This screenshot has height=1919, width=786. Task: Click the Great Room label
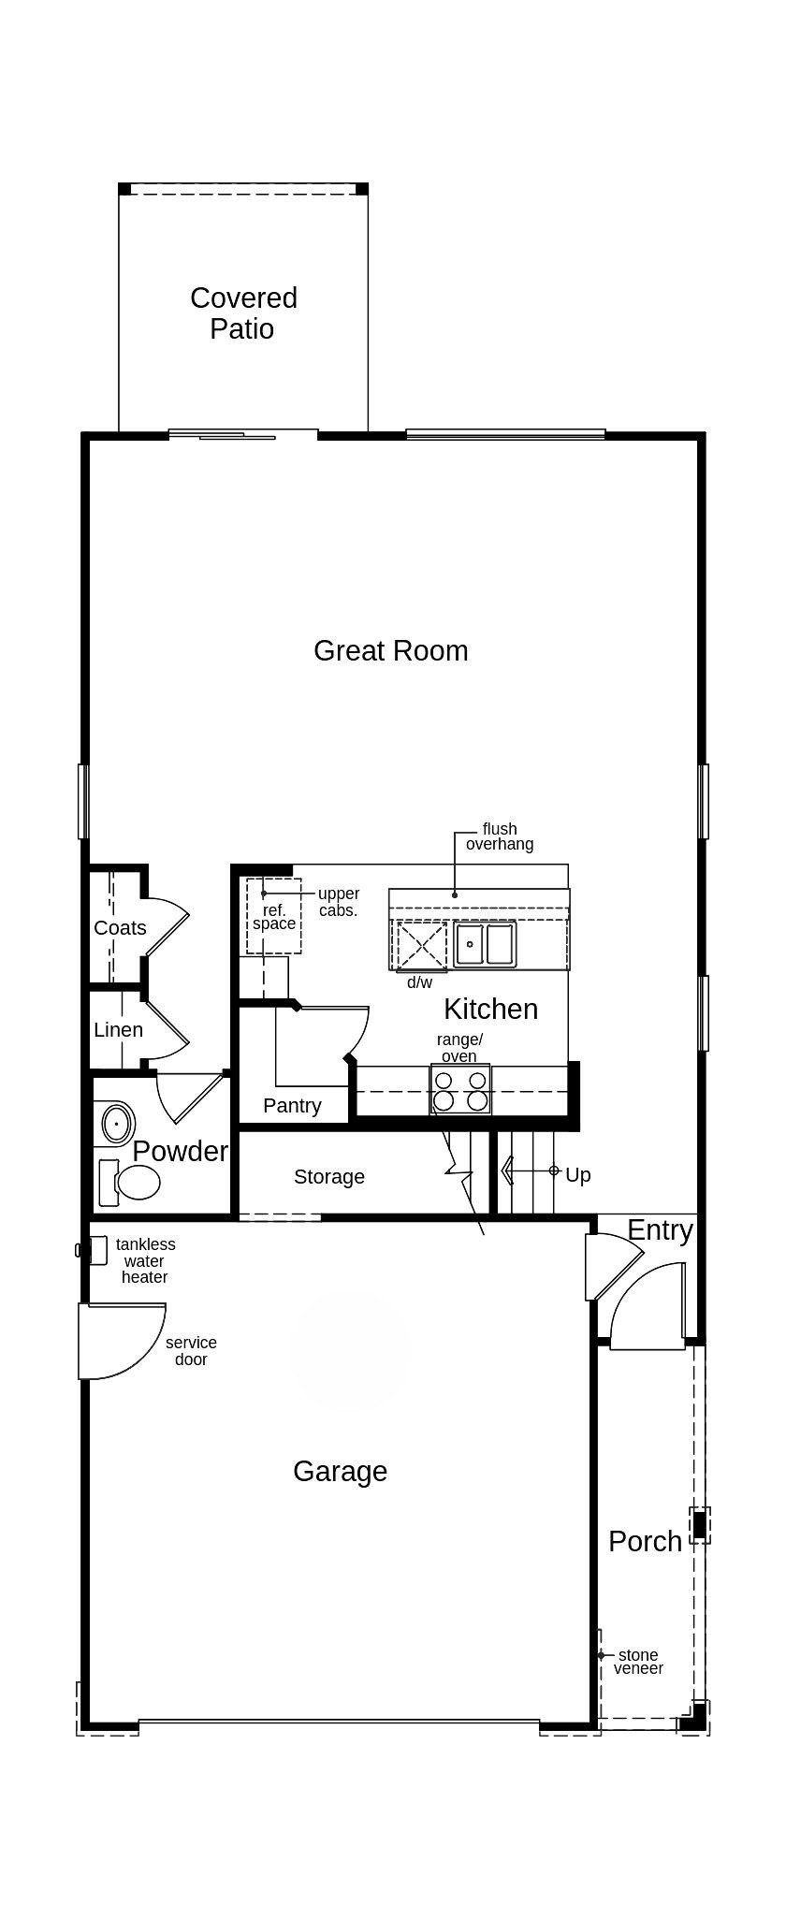(x=390, y=650)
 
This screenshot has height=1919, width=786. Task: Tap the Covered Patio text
(x=243, y=313)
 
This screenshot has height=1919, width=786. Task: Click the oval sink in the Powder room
(x=117, y=1123)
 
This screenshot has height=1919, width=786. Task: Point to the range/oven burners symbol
(x=460, y=1090)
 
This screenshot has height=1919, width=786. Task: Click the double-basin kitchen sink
(x=485, y=943)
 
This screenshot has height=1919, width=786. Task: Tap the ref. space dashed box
(x=273, y=916)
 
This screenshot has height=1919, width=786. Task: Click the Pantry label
(x=292, y=1106)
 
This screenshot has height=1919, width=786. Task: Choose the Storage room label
(x=329, y=1177)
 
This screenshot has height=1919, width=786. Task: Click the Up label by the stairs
(x=578, y=1175)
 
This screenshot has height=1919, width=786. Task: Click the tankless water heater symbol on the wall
(x=95, y=1250)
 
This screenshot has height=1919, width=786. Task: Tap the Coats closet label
(x=120, y=928)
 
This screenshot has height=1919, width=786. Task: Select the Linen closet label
(x=118, y=1030)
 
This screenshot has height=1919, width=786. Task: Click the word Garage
(x=340, y=1472)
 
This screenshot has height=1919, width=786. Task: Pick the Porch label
(x=645, y=1542)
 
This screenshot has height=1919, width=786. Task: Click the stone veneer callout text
(x=638, y=1662)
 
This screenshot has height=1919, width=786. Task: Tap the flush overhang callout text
(x=500, y=836)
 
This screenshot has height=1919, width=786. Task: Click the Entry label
(x=660, y=1230)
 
